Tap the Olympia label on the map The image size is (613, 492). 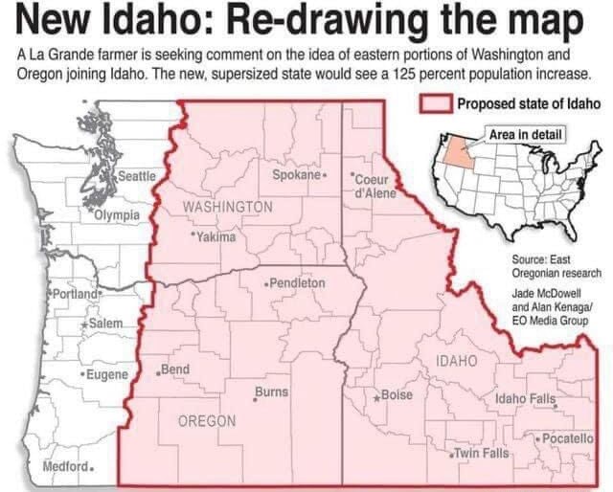pyautogui.click(x=117, y=215)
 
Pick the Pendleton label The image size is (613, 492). pyautogui.click(x=296, y=284)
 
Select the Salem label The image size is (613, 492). pyautogui.click(x=102, y=326)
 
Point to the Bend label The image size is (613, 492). pyautogui.click(x=175, y=369)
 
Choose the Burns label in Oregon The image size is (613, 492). pyautogui.click(x=271, y=392)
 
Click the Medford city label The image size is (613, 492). pyautogui.click(x=66, y=467)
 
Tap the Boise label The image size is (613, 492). pyautogui.click(x=395, y=395)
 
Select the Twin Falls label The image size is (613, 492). pyautogui.click(x=481, y=452)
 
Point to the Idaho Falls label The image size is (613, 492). pyautogui.click(x=525, y=398)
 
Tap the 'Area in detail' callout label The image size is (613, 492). pyautogui.click(x=526, y=134)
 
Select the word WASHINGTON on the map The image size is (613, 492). pyautogui.click(x=227, y=208)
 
